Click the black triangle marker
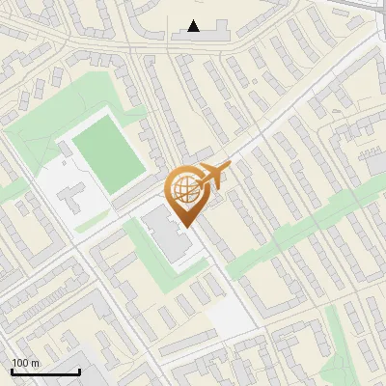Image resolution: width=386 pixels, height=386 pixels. tap(194, 26)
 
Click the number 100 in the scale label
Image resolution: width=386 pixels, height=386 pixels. tap(20, 363)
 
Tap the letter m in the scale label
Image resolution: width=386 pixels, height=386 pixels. tap(35, 363)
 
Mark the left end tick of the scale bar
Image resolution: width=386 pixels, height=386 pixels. tap(12, 372)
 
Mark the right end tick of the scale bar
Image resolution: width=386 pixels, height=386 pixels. tap(79, 372)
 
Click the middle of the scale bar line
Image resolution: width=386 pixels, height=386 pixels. tap(45, 372)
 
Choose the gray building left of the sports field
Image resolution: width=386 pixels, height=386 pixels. tap(69, 199)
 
